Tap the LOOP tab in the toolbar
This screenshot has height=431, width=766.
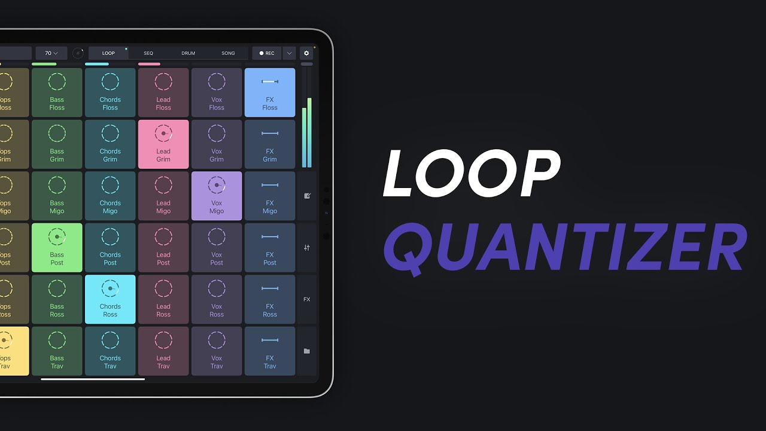(108, 53)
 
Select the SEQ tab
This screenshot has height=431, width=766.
(148, 53)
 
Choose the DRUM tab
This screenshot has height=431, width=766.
(189, 53)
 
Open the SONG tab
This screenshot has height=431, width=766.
(228, 53)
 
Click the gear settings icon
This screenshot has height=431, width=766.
(306, 53)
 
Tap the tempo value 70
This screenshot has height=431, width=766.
(51, 53)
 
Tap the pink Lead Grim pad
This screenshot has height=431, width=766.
(163, 144)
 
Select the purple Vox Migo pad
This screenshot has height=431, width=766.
(217, 196)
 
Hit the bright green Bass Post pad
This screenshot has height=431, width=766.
(57, 248)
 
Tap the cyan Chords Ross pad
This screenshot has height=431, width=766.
(110, 299)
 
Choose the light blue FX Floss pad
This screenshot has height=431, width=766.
(270, 92)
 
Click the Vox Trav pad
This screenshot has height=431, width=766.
(217, 351)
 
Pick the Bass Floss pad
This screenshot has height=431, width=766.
(57, 92)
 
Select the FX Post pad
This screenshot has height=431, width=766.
(270, 248)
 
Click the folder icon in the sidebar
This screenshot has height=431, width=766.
(307, 351)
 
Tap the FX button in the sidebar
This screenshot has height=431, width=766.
(307, 299)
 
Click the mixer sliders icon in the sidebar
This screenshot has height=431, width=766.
(307, 248)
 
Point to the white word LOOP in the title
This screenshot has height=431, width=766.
(471, 174)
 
